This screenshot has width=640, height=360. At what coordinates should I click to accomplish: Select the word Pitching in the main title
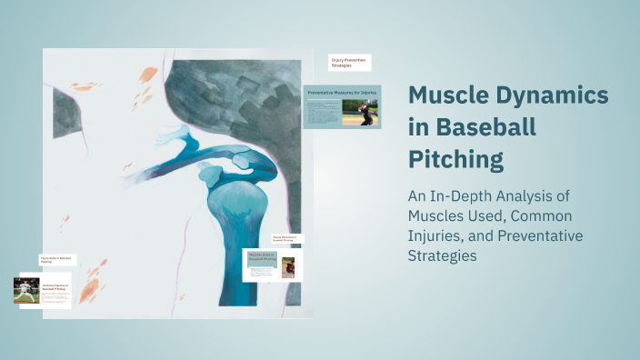tap(455, 160)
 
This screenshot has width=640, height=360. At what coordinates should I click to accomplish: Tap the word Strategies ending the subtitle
tap(442, 255)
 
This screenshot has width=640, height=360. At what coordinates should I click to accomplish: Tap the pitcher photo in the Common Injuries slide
tap(26, 290)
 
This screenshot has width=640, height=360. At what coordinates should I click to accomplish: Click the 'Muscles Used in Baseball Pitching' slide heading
tap(262, 257)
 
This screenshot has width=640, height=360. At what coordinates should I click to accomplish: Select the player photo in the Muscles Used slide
tap(288, 267)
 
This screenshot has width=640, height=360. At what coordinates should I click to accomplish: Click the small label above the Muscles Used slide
tap(285, 239)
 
